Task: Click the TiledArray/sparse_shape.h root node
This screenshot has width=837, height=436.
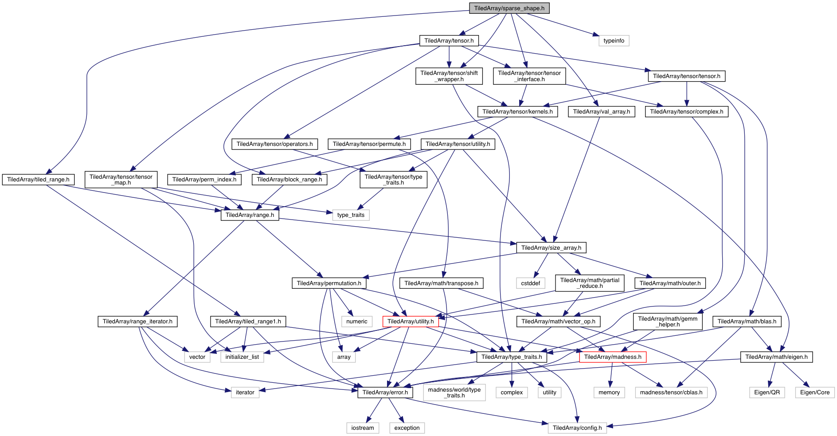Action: tap(509, 8)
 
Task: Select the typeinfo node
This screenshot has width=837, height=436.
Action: tap(614, 41)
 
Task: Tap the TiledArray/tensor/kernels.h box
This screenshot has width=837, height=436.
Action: tap(517, 112)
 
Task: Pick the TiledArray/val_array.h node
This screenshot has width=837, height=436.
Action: tap(601, 112)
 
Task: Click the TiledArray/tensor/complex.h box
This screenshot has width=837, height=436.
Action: tap(686, 112)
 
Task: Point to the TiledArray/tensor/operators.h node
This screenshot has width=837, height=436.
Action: tap(274, 144)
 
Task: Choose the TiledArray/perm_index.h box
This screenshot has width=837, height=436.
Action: tap(204, 180)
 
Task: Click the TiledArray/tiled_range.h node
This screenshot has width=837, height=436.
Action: tap(38, 180)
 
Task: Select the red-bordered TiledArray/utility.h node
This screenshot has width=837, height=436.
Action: tap(411, 322)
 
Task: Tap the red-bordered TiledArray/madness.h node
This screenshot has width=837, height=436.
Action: tap(613, 357)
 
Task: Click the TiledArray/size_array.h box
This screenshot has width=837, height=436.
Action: tap(551, 248)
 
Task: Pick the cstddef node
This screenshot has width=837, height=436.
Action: tap(530, 283)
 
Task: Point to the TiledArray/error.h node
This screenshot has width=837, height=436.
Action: tap(385, 393)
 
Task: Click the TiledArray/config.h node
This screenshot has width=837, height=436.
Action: tap(577, 428)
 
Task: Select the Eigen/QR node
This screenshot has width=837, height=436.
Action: tap(767, 393)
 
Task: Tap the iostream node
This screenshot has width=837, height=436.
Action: tap(363, 428)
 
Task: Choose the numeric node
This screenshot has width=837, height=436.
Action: tap(357, 322)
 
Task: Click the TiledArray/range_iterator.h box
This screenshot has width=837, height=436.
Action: tap(137, 322)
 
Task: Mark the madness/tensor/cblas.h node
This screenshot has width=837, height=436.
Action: tap(671, 393)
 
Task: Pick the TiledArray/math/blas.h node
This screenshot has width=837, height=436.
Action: tap(747, 322)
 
